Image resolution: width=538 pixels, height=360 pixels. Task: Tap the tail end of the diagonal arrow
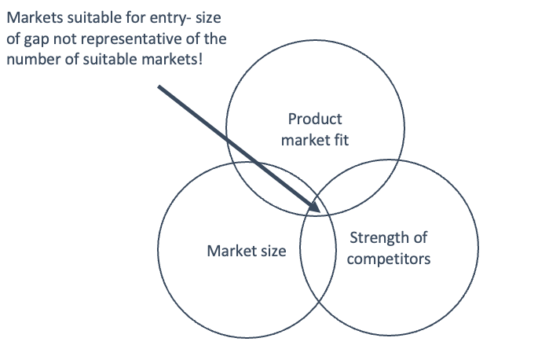coord(159,86)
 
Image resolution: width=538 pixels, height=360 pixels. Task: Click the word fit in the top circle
coord(340,141)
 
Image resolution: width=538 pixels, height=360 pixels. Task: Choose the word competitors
coord(390,258)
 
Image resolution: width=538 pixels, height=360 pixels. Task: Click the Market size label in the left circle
coord(246,252)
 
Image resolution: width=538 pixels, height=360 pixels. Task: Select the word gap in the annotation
coord(34,39)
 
